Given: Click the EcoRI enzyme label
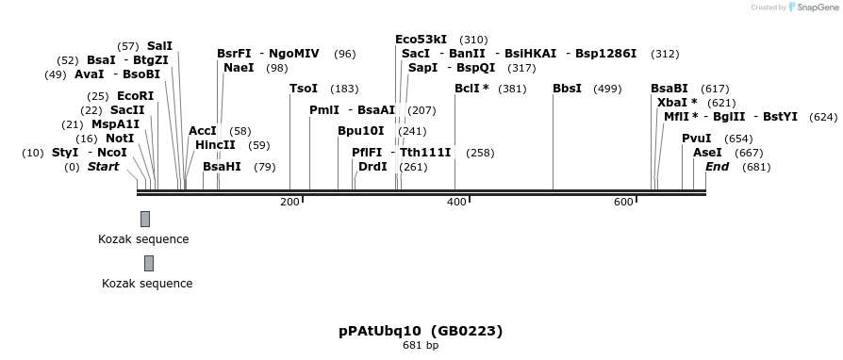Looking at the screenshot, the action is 135,96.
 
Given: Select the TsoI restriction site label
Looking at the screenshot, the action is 304,89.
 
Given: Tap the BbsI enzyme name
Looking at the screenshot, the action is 567,89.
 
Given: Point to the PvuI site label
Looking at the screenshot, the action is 696,139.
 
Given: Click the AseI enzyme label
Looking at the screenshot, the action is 707,153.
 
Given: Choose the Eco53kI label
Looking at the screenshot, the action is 421,40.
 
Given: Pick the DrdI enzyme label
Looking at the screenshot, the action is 372,167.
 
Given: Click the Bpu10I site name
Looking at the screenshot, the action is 361,131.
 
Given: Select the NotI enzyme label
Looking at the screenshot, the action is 120,139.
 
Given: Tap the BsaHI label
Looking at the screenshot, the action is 222,167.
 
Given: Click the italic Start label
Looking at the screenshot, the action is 104,167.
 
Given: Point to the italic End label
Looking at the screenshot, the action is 717,167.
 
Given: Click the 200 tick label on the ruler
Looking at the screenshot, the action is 289,203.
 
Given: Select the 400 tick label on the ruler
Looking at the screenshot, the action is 456,203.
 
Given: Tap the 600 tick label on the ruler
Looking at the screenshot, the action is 623,203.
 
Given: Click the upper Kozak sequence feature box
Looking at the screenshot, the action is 145,219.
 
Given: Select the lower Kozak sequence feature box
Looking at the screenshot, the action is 149,263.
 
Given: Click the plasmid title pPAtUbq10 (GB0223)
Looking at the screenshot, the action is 421,331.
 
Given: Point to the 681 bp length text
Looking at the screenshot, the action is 421,346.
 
